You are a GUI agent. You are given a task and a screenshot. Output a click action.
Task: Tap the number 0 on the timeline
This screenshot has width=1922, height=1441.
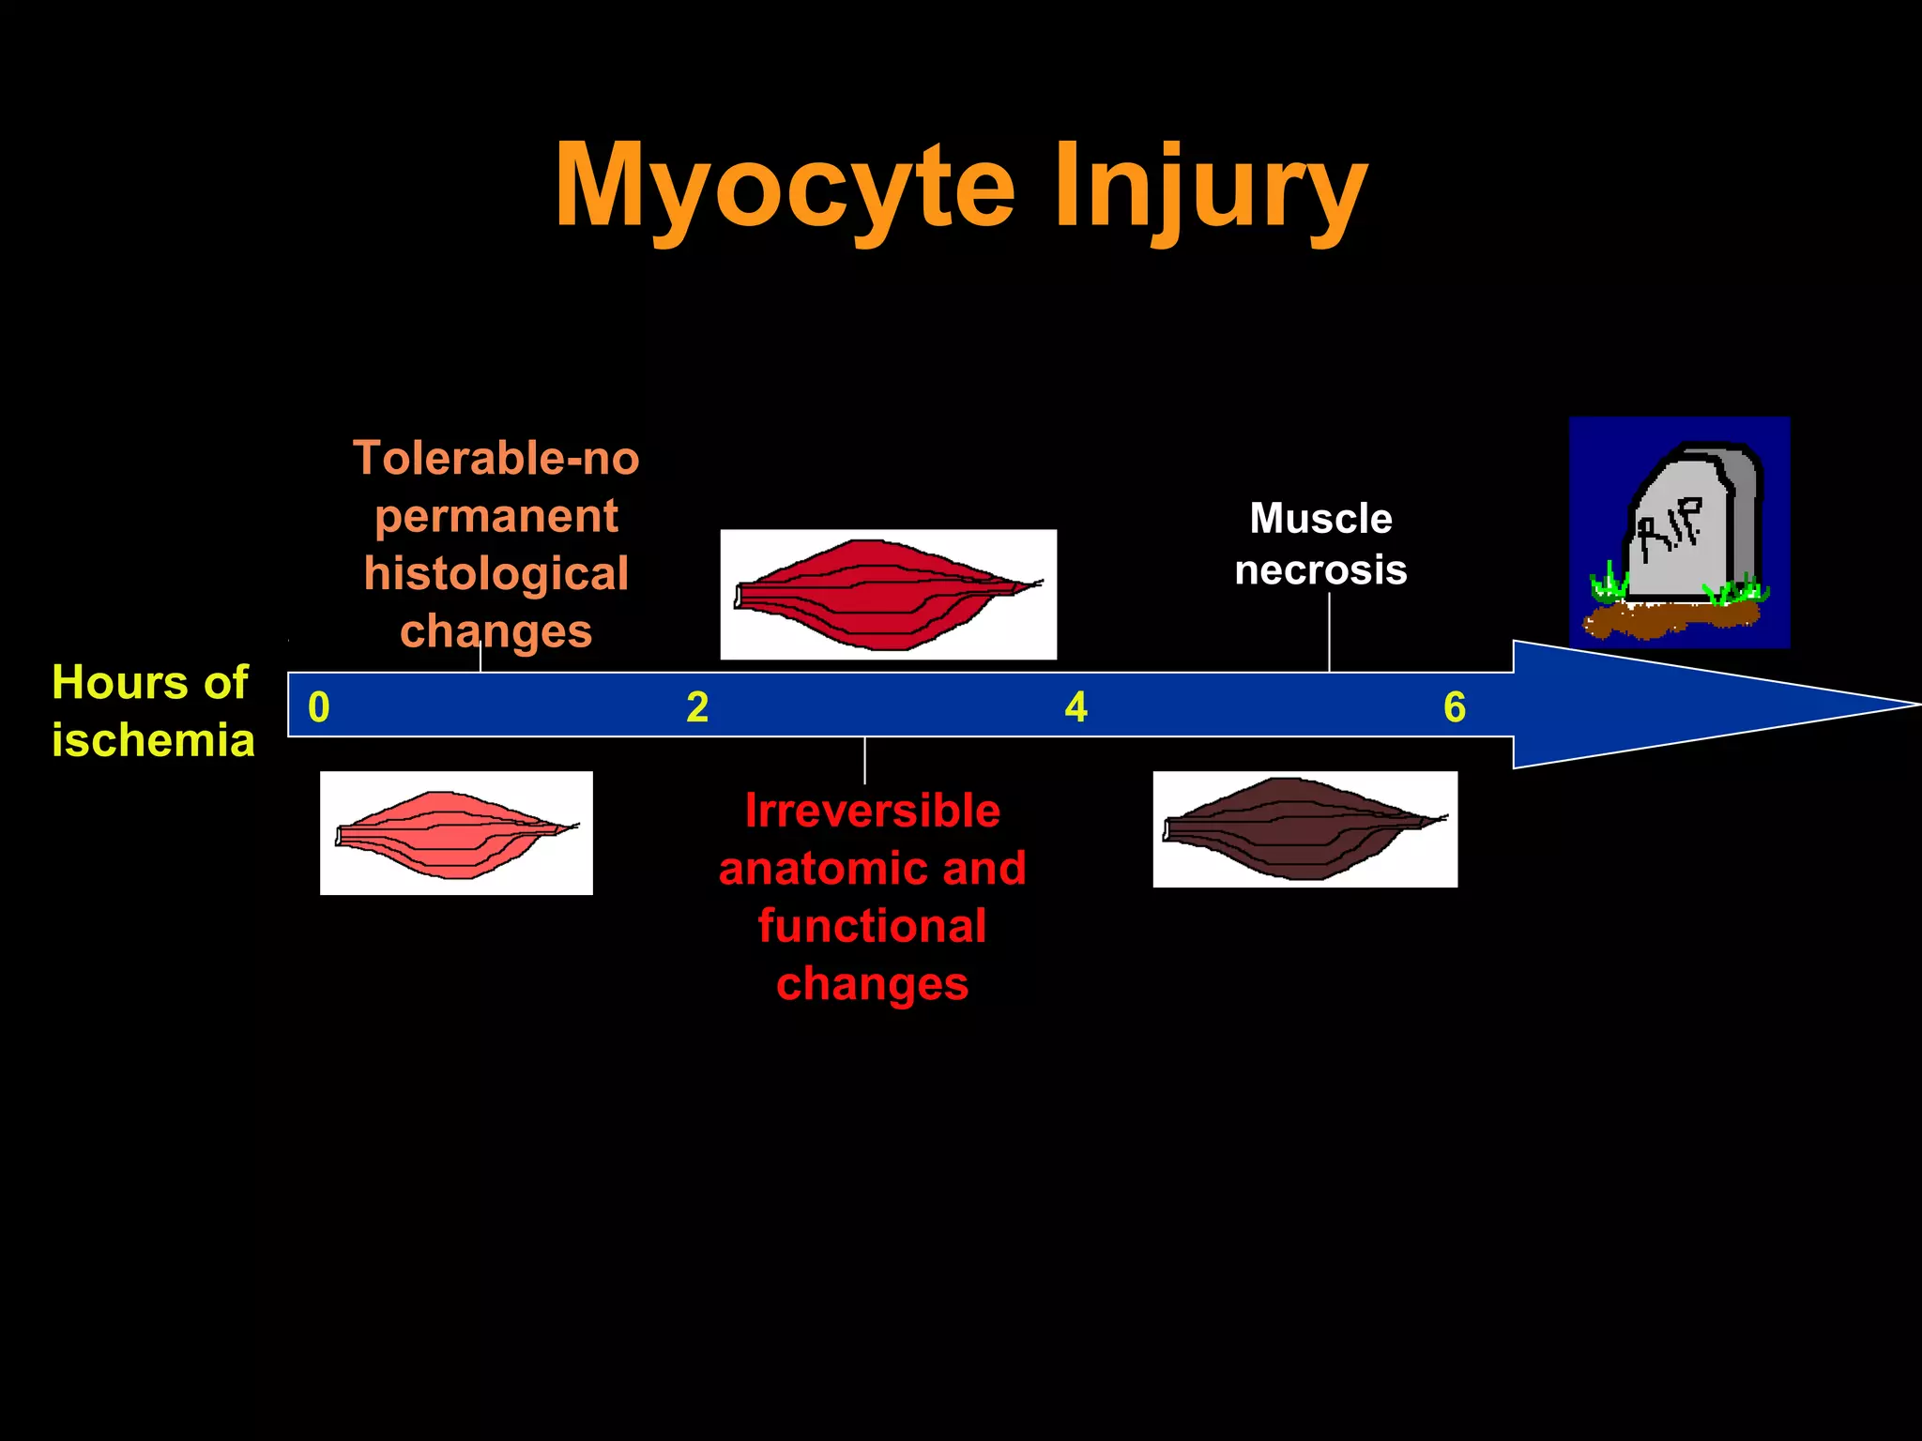(319, 707)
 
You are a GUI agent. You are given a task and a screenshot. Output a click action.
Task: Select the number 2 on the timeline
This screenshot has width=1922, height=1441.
(697, 707)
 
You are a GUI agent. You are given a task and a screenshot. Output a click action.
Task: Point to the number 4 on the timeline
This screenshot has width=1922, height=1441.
(1075, 707)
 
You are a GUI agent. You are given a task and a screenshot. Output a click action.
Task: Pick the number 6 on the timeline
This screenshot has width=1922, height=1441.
(1455, 707)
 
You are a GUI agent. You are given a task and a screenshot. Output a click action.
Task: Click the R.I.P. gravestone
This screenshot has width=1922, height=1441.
(1693, 525)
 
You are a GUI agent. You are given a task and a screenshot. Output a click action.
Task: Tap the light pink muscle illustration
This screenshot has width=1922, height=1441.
(456, 833)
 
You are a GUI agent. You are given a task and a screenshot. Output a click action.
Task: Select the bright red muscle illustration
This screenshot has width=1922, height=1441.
(888, 594)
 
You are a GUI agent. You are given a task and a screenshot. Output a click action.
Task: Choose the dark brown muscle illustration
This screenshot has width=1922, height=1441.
(1304, 829)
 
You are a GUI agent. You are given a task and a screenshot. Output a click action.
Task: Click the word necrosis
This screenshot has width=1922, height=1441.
(1320, 570)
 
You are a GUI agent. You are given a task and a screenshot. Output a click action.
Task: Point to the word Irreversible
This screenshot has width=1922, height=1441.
(873, 811)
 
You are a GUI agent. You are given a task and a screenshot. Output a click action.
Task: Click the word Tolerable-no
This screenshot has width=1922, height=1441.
(496, 459)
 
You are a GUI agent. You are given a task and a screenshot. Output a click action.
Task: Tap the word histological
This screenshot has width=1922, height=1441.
(496, 574)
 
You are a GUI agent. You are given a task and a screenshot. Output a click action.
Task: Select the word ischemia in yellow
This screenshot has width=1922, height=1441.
(153, 740)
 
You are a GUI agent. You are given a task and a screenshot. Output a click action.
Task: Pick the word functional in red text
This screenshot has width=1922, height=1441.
(873, 926)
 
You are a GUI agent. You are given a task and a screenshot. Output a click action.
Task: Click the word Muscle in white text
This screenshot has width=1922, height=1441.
(1320, 519)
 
